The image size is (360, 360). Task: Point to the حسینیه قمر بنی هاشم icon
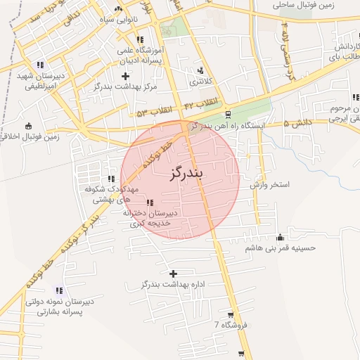point(281,237)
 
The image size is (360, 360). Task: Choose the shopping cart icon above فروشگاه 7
point(231,314)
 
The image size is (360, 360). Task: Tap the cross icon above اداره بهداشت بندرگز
point(174,273)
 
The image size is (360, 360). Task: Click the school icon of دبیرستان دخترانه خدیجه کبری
point(149,202)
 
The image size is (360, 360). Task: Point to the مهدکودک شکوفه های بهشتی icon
point(111,179)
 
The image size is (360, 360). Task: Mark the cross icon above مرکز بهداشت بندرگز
point(125,75)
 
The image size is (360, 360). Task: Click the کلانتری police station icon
point(202,70)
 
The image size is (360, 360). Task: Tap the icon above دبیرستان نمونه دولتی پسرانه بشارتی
point(59,290)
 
